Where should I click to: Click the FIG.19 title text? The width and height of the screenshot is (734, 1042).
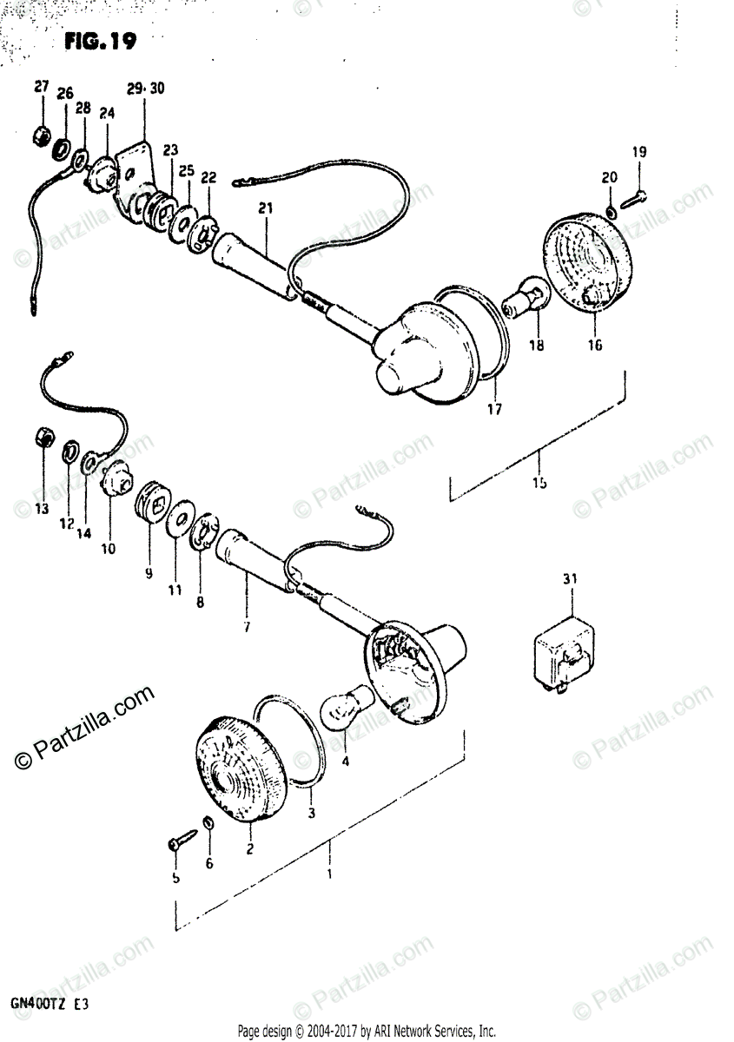(x=100, y=41)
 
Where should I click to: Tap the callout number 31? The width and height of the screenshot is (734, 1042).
(x=570, y=578)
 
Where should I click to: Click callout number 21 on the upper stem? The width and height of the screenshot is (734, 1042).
(x=265, y=208)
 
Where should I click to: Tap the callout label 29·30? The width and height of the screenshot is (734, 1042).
(x=145, y=89)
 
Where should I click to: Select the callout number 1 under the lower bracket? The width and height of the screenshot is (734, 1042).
(x=329, y=875)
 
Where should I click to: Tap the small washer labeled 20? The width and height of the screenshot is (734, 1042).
(x=612, y=211)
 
